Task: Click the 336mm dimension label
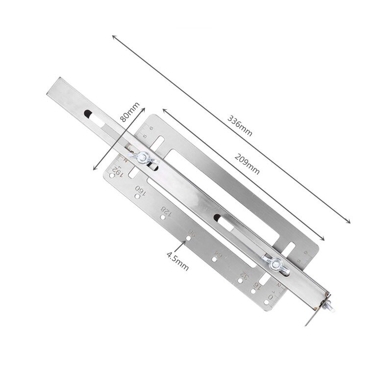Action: point(240,126)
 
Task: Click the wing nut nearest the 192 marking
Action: point(145,158)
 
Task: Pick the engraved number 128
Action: point(167,211)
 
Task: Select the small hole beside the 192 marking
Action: point(114,179)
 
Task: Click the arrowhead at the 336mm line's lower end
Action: point(349,221)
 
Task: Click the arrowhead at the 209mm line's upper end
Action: point(164,111)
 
